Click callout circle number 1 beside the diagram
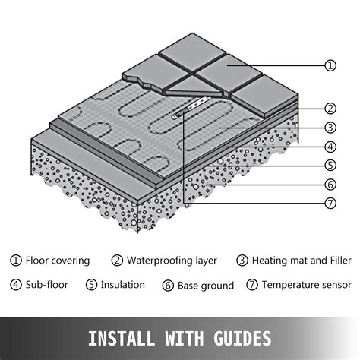tap(330, 65)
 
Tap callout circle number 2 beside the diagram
tap(330, 108)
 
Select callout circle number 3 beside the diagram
tap(330, 127)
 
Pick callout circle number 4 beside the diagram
tap(330, 146)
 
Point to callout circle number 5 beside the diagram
tap(330, 164)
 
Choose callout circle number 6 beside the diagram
tap(330, 184)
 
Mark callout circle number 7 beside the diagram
tap(330, 203)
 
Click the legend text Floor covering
tap(58, 261)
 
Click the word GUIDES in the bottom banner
tap(240, 336)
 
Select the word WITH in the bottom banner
tap(182, 336)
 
